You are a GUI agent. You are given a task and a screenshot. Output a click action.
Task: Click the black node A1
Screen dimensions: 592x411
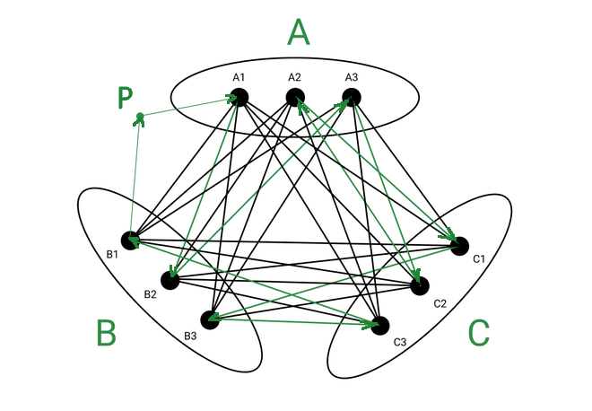point(239,98)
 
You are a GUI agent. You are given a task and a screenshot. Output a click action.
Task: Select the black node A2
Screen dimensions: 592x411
point(295,98)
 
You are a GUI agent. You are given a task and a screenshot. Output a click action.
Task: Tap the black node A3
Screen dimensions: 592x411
point(352,98)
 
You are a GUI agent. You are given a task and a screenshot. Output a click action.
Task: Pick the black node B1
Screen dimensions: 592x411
point(130,240)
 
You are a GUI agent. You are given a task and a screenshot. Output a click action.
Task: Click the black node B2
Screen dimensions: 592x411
point(170,280)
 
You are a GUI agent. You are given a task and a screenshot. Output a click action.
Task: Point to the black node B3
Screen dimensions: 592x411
point(210,320)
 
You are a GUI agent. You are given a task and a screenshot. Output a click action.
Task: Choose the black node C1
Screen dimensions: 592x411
point(459,246)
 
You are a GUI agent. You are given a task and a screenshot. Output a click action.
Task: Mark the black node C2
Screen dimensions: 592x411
point(420,286)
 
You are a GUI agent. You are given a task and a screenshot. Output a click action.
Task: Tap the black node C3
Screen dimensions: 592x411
point(379,326)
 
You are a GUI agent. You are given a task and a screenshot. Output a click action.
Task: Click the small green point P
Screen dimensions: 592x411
point(140,116)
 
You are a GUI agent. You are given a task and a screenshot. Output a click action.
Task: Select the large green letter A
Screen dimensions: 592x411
point(299,32)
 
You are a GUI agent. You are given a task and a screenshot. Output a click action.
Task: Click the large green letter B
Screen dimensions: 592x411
point(106,332)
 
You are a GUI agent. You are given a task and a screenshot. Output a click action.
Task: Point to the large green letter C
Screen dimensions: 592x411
point(479,333)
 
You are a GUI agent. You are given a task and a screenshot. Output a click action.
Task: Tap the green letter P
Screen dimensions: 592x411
point(125,98)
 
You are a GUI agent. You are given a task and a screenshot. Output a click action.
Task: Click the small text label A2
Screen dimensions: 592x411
point(294,77)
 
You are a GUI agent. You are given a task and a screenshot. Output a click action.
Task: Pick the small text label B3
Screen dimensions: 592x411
point(190,336)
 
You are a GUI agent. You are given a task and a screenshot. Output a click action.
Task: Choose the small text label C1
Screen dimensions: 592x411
point(479,258)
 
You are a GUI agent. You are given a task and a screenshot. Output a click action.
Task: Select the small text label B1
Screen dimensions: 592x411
point(112,254)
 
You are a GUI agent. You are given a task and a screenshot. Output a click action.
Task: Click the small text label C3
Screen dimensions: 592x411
point(400,342)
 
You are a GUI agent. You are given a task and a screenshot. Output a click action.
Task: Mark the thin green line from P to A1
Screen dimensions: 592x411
point(187,108)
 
